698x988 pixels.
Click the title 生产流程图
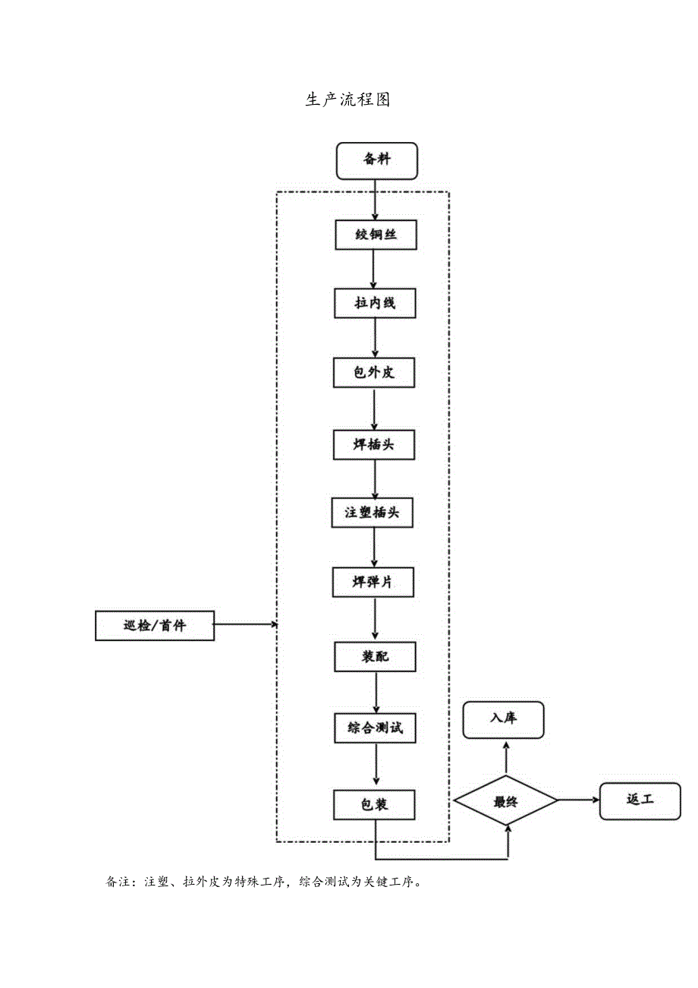(x=347, y=100)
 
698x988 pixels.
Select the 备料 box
(x=376, y=160)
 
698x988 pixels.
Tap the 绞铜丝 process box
(x=376, y=235)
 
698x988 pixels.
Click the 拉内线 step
(x=375, y=304)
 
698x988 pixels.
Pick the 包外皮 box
(x=374, y=373)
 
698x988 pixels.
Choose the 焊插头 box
(x=374, y=445)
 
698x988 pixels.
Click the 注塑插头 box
(x=374, y=513)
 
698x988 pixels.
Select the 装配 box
(x=375, y=656)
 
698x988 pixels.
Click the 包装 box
(x=374, y=804)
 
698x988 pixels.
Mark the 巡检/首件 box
(x=155, y=626)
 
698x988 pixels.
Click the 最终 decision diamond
(x=505, y=800)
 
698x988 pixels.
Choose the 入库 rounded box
(x=503, y=719)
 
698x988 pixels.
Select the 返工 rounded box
(x=640, y=800)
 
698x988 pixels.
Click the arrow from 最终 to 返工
(x=579, y=800)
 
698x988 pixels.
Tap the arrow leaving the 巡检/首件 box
(x=245, y=625)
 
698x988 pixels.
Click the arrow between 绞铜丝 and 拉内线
(x=374, y=269)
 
